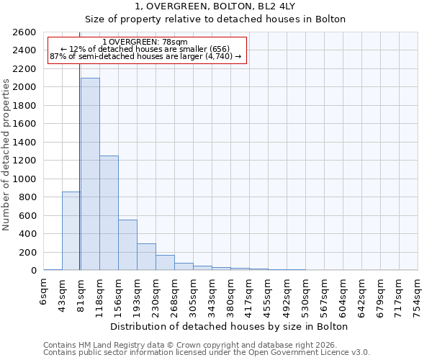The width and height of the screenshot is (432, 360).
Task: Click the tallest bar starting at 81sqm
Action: pos(90,174)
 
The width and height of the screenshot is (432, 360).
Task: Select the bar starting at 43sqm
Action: pos(71,230)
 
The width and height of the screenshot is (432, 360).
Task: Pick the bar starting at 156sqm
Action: pos(127,245)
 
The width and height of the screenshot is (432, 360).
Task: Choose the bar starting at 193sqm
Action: pos(146,257)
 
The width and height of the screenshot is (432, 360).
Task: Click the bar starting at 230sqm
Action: pos(165,263)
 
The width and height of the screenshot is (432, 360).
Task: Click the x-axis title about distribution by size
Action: pos(230,326)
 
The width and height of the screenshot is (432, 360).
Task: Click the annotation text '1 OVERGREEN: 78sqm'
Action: pos(145,42)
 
